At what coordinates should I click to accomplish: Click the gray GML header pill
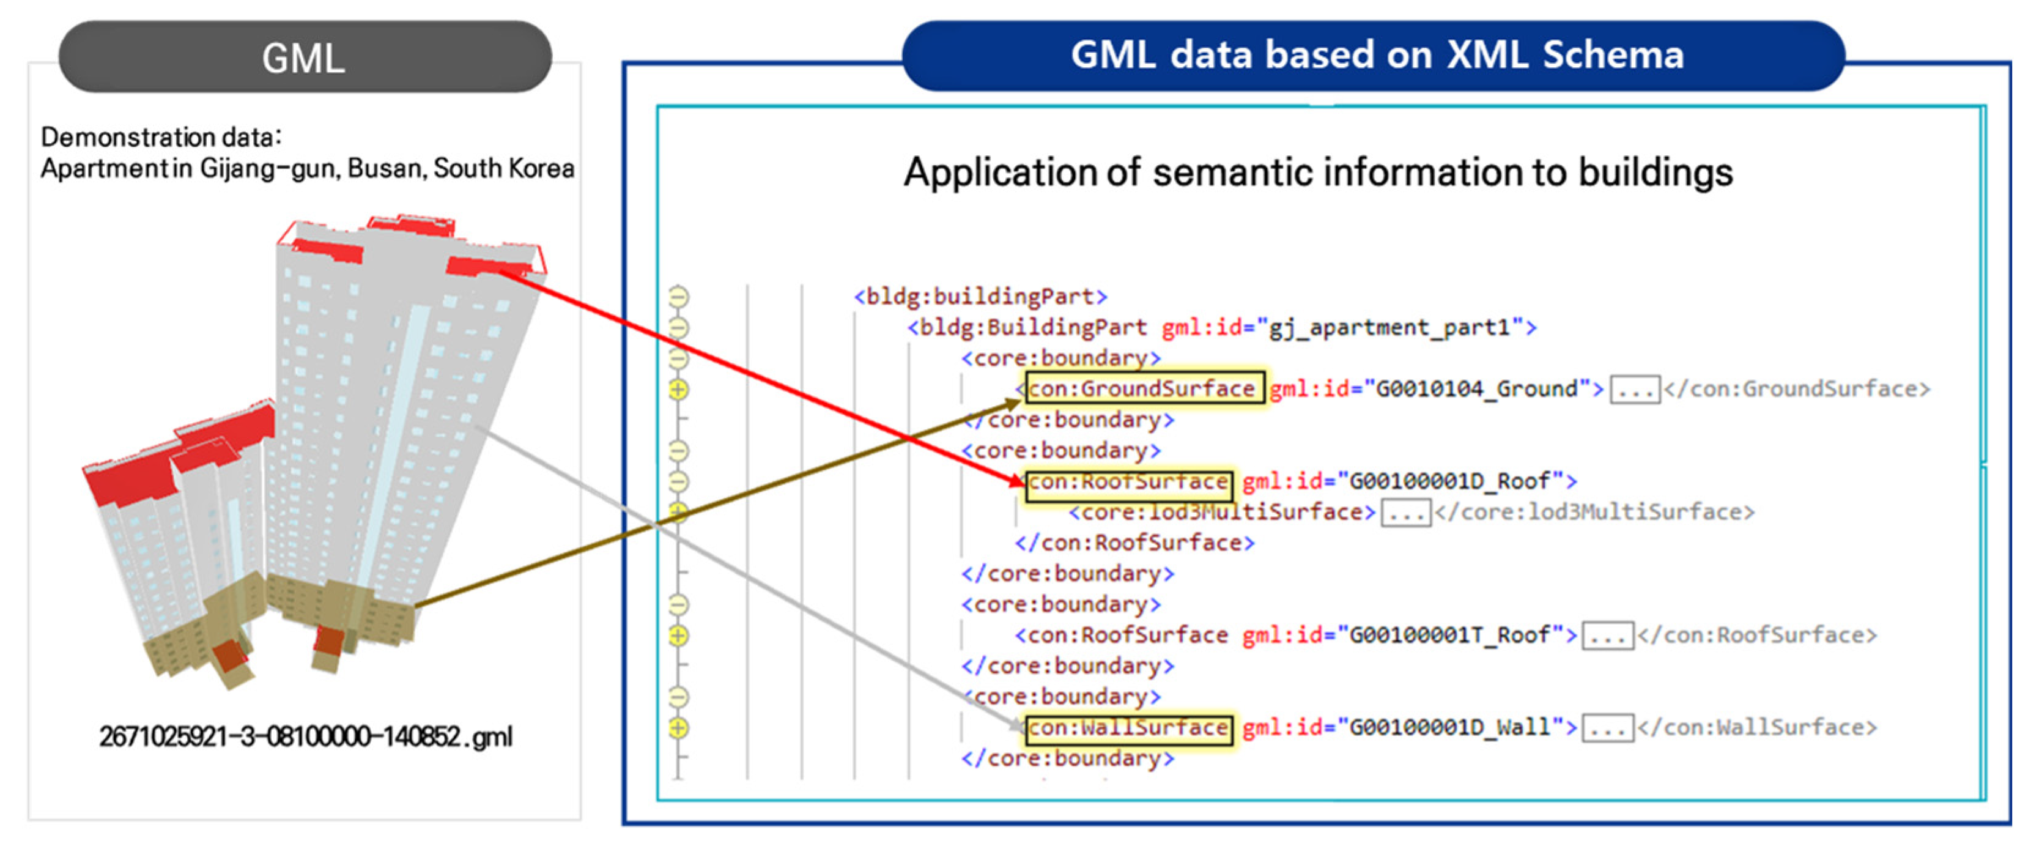click(x=305, y=57)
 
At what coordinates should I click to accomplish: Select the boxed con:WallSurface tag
click(x=1128, y=728)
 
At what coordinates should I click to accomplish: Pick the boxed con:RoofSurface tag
click(x=1128, y=481)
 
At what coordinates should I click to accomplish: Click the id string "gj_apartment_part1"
click(x=1388, y=327)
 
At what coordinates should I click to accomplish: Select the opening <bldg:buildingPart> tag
click(x=980, y=297)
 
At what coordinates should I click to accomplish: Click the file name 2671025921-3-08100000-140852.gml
click(x=306, y=736)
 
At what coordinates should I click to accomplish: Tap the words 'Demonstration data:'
click(x=161, y=137)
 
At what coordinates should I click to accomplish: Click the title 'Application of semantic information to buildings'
click(x=1319, y=172)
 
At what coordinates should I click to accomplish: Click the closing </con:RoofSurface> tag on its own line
click(x=1134, y=543)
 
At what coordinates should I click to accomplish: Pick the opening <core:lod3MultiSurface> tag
click(x=1222, y=513)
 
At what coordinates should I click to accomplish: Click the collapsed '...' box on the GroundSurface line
click(x=1635, y=390)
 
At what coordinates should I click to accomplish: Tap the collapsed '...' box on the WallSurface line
click(x=1608, y=729)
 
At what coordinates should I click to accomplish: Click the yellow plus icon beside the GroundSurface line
click(x=678, y=390)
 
